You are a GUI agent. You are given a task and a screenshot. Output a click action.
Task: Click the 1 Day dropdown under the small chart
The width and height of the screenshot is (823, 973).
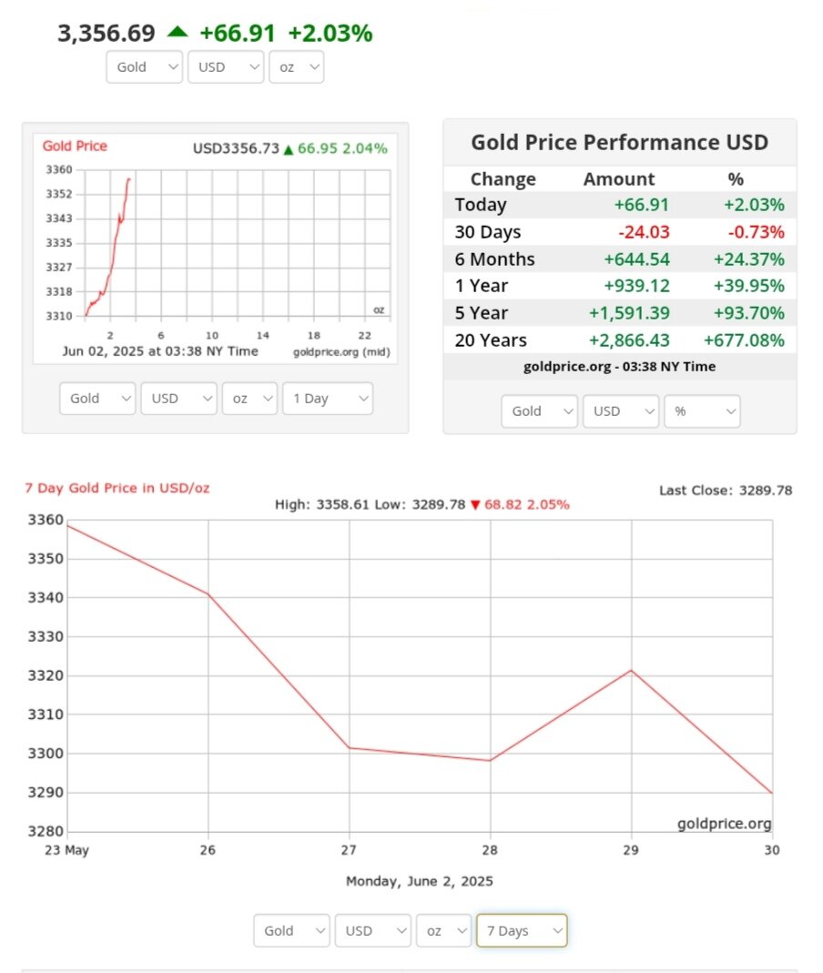pos(327,399)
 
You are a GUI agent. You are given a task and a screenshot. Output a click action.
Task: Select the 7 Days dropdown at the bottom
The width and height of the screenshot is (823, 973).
pos(522,930)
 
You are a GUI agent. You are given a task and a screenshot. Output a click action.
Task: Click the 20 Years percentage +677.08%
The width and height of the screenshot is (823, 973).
pos(744,340)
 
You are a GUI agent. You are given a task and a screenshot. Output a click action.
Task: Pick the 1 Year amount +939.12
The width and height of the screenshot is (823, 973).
pos(636,286)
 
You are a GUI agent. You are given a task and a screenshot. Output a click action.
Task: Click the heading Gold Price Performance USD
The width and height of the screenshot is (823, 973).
pos(619,142)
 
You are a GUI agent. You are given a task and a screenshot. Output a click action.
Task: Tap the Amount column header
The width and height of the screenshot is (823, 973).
pos(618,179)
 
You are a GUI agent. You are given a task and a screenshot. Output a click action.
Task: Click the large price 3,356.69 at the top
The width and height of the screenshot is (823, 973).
pos(106,34)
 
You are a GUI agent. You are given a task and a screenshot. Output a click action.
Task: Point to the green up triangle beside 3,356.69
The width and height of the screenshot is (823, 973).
pos(177,32)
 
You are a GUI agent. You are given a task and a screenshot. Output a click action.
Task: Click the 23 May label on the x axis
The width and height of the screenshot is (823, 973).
pos(67,849)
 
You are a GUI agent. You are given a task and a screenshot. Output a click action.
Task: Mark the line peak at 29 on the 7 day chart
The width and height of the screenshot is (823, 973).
pos(631,671)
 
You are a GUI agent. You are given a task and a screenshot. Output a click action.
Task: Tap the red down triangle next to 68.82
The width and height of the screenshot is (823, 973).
pos(474,505)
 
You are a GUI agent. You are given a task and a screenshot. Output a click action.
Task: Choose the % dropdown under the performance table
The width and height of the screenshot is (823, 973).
pos(702,410)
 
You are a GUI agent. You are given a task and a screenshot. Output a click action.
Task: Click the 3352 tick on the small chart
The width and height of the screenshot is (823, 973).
pos(58,194)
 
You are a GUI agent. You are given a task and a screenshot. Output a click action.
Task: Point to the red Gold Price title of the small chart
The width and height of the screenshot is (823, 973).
pos(75,147)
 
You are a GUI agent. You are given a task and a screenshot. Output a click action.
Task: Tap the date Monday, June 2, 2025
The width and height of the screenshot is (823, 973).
pos(420,881)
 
